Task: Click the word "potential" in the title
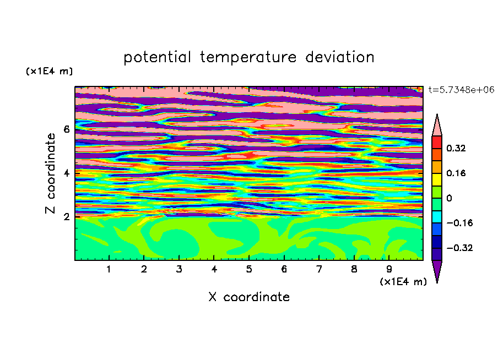coord(157,57)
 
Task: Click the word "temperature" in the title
coord(248,57)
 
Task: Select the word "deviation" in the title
coord(339,57)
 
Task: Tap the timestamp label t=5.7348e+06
coord(461,90)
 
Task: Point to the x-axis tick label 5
coord(249,269)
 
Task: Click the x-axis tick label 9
coord(389,269)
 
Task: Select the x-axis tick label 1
coord(109,269)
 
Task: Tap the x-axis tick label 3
coord(179,269)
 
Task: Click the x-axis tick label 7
coord(319,269)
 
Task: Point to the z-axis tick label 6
coord(66,129)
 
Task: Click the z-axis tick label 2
coord(66,217)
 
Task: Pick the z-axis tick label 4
coord(66,173)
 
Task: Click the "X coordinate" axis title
coord(249,297)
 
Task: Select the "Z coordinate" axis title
coord(51,173)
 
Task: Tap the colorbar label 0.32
coord(456,148)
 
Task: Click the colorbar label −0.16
coord(459,223)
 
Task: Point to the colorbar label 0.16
coord(456,173)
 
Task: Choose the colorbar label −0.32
coord(459,248)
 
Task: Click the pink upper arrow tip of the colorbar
coord(437,114)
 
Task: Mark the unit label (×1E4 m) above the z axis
coord(49,71)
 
